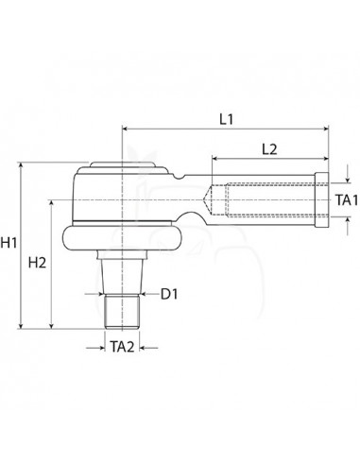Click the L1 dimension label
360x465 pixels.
tap(227, 120)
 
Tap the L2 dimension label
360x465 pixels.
tap(269, 149)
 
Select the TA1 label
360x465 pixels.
tap(347, 200)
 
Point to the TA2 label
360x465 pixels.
tap(122, 347)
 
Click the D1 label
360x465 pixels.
tap(169, 294)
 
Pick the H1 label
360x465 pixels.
tap(9, 243)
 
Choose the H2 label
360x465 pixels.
tap(37, 263)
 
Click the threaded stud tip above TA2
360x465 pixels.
tap(122, 312)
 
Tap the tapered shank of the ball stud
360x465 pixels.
tap(122, 276)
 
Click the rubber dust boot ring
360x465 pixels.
tap(122, 238)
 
